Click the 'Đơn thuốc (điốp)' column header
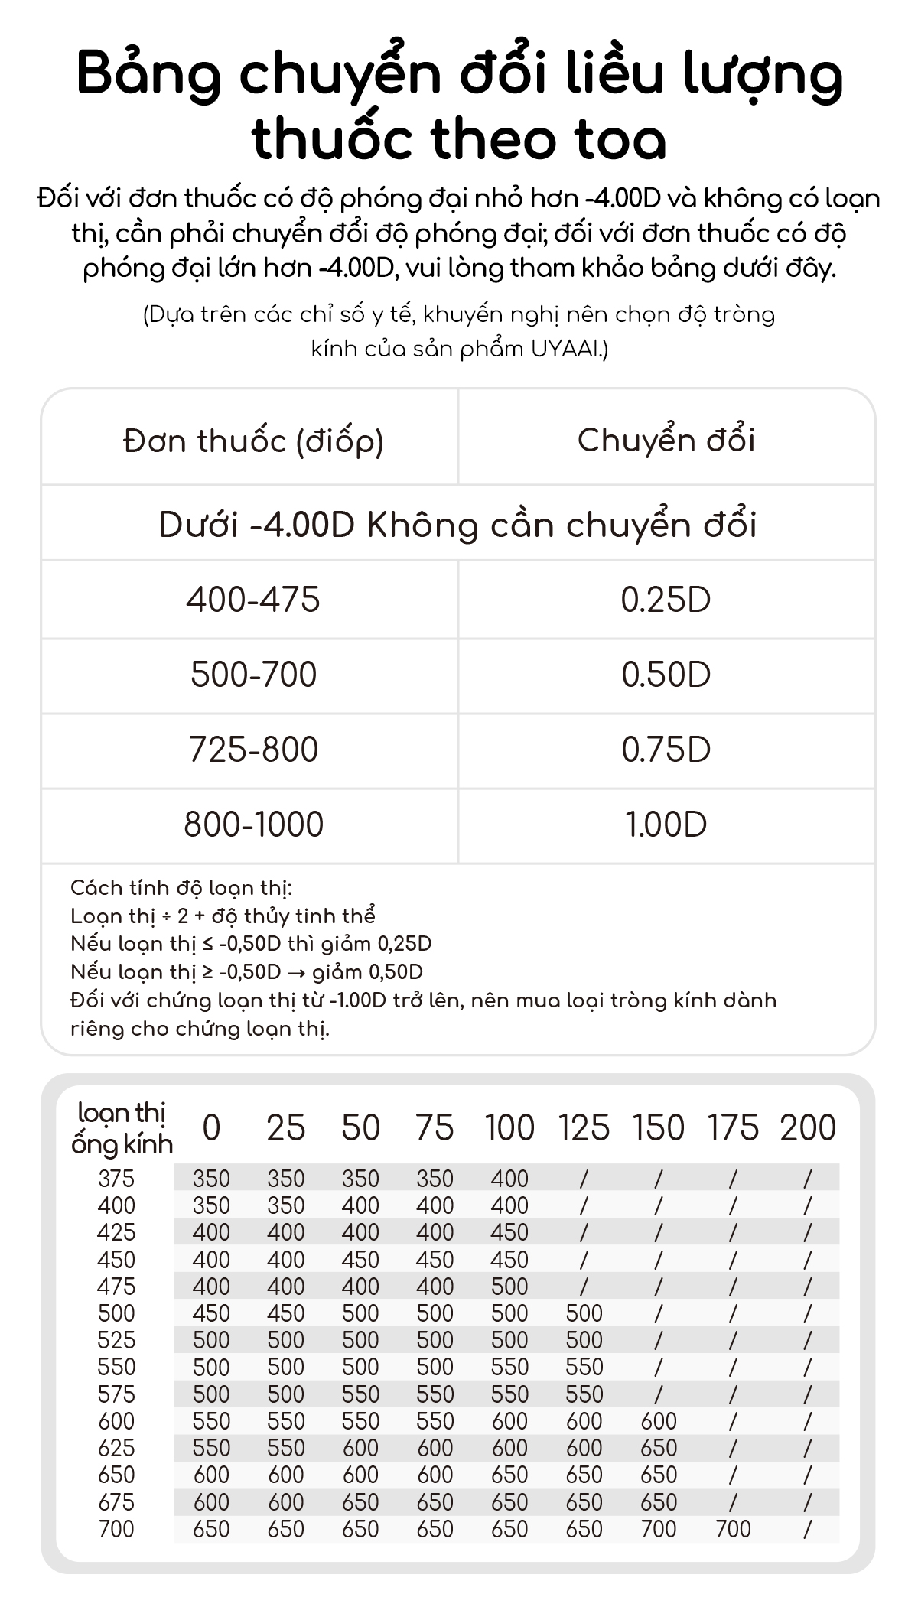(x=253, y=441)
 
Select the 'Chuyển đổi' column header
(x=666, y=440)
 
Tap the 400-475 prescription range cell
(x=253, y=600)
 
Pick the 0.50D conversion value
(x=666, y=675)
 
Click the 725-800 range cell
(x=253, y=750)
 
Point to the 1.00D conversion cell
(x=666, y=825)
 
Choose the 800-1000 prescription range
(x=253, y=825)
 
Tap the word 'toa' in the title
(x=612, y=140)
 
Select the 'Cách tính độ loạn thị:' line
(x=181, y=888)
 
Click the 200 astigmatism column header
(x=808, y=1128)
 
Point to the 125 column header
(x=584, y=1128)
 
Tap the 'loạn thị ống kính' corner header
(x=122, y=1128)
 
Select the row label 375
(x=116, y=1179)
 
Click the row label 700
(x=116, y=1529)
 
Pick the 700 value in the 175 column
(x=733, y=1529)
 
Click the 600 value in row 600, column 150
(x=659, y=1421)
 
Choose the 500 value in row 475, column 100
(x=509, y=1287)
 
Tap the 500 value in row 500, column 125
(x=584, y=1313)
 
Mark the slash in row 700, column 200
(x=808, y=1529)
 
